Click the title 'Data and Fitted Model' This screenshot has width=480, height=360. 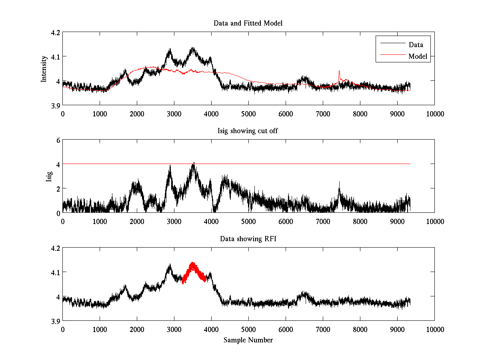248,23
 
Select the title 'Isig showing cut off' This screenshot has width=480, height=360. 248,131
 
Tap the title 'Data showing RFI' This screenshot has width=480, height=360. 248,239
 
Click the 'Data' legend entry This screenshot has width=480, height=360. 416,44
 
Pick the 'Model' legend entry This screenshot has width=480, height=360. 418,56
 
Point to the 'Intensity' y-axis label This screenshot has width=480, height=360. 44,68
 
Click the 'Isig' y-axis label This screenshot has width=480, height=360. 49,176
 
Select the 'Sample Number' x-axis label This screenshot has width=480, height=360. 248,340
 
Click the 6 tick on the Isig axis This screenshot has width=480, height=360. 58,140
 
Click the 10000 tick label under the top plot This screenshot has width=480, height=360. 434,114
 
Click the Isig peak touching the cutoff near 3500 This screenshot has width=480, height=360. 194,164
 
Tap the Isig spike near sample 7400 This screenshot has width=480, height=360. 339,184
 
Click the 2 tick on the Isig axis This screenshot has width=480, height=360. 58,188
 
